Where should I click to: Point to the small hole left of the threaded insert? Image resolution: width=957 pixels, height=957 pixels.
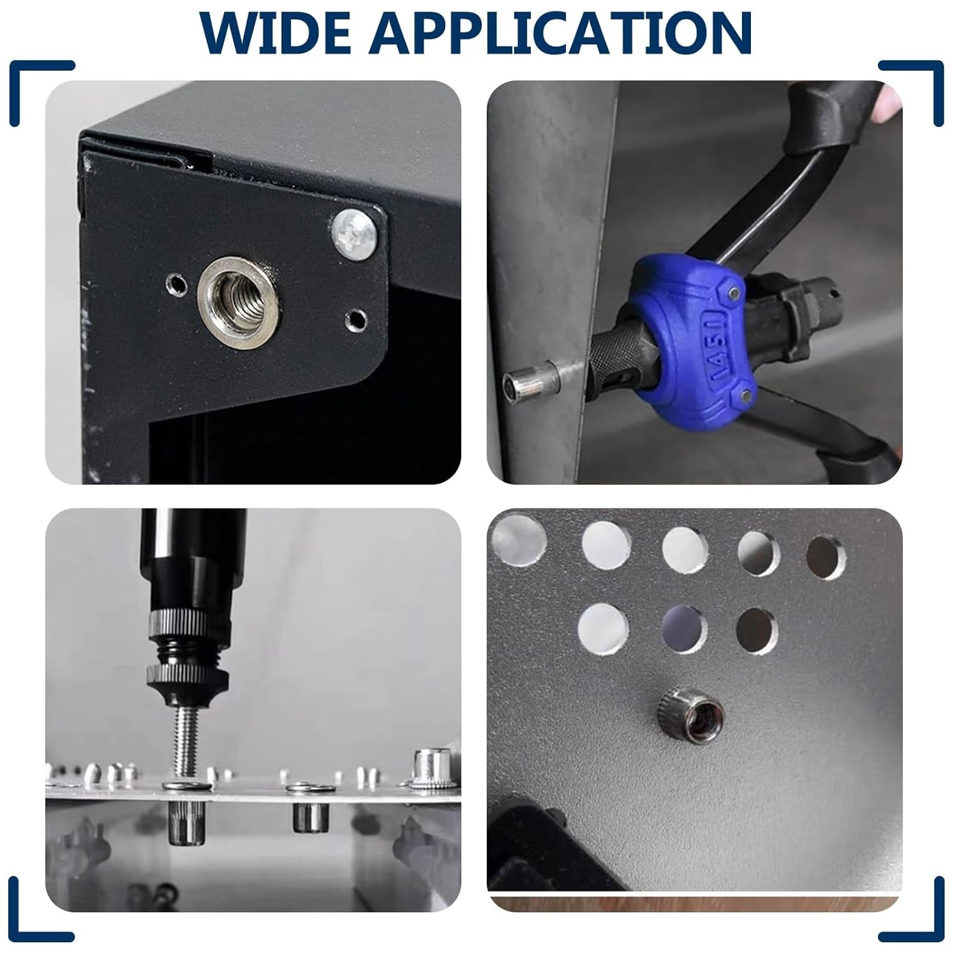174,283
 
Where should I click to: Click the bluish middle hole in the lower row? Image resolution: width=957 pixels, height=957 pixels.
684,628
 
